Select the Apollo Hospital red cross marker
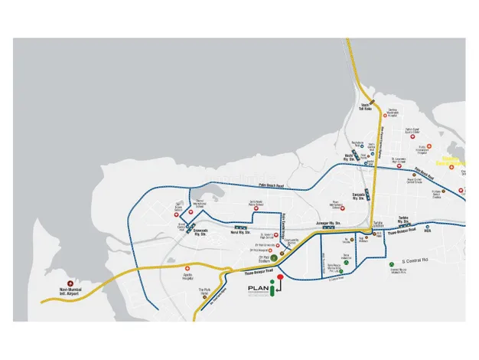[187, 268]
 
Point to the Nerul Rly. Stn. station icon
[240, 227]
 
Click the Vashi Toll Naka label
[366, 108]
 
